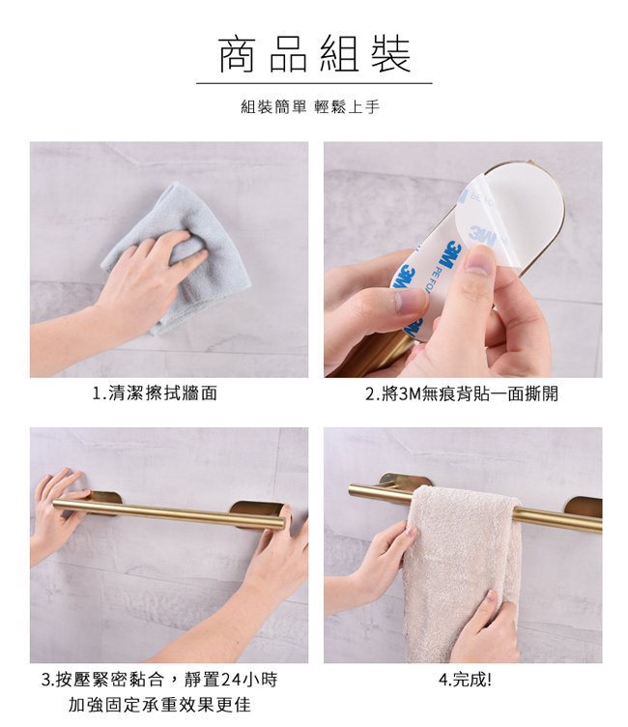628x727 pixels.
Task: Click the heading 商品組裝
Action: click(x=315, y=54)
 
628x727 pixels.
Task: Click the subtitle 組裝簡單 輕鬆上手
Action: click(x=310, y=107)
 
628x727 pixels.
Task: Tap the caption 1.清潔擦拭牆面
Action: click(x=155, y=393)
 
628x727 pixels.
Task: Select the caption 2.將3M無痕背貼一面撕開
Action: click(x=462, y=393)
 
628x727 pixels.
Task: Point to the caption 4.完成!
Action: click(x=465, y=680)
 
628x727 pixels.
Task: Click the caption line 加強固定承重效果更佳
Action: click(x=159, y=705)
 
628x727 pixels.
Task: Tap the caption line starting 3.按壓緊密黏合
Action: click(x=159, y=680)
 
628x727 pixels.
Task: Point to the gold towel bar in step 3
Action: click(x=168, y=512)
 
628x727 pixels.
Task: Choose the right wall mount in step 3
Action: click(x=256, y=512)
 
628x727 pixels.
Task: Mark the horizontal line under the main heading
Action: click(x=314, y=83)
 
